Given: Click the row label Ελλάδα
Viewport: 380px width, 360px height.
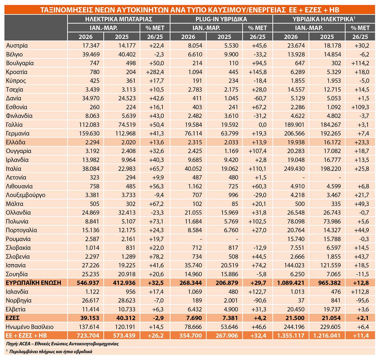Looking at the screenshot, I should pos(16,142).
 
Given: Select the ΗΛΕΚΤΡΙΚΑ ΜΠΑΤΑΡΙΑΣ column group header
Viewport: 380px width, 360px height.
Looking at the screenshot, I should pos(119,19).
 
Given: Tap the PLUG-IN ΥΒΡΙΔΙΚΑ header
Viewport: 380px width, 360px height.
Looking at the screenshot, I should pos(221,19).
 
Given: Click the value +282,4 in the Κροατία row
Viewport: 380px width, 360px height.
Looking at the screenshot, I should pos(155,72).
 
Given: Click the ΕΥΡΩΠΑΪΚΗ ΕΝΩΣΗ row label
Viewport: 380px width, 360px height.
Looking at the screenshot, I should pos(34,283).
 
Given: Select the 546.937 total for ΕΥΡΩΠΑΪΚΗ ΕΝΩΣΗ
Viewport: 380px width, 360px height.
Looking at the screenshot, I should pos(88,283).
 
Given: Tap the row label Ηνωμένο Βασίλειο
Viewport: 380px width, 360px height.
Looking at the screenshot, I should pos(30,327).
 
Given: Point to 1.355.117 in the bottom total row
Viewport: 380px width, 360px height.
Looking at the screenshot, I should pos(291,336).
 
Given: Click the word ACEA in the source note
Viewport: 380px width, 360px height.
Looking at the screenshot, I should pos(24,344).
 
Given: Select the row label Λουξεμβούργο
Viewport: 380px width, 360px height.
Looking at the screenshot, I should pos(26,195).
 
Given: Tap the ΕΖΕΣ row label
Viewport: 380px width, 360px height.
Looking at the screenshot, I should pos(13,318).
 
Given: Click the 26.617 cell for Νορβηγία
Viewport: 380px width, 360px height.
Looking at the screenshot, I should pos(91,300).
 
